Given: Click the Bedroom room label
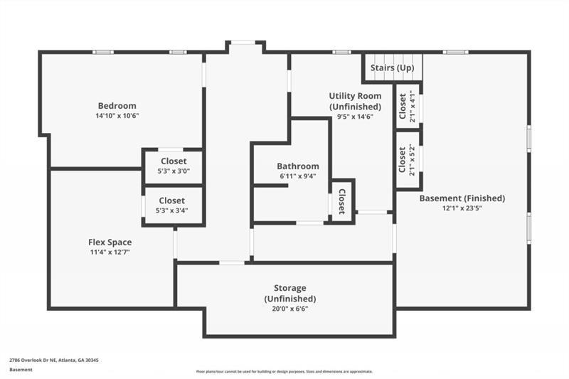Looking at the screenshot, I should click(x=117, y=106).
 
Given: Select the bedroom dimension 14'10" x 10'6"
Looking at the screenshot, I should click(x=117, y=115).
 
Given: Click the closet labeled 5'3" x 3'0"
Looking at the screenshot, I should click(x=173, y=166).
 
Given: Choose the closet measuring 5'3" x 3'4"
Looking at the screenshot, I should click(x=173, y=205).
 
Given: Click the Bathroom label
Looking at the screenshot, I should click(x=297, y=166).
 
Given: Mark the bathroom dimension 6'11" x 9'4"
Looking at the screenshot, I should click(x=297, y=176).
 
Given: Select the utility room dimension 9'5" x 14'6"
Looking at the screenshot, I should click(x=355, y=117).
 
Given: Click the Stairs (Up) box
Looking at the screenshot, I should click(x=392, y=68).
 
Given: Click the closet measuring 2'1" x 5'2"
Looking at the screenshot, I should click(x=407, y=160).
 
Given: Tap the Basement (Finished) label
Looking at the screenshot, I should click(x=462, y=198).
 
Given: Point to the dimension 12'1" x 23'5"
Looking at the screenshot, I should click(x=462, y=208).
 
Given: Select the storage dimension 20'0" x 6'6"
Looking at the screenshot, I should click(x=289, y=309).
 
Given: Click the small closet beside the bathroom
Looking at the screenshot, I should click(x=341, y=202).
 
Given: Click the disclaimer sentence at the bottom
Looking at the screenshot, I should click(x=284, y=371).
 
